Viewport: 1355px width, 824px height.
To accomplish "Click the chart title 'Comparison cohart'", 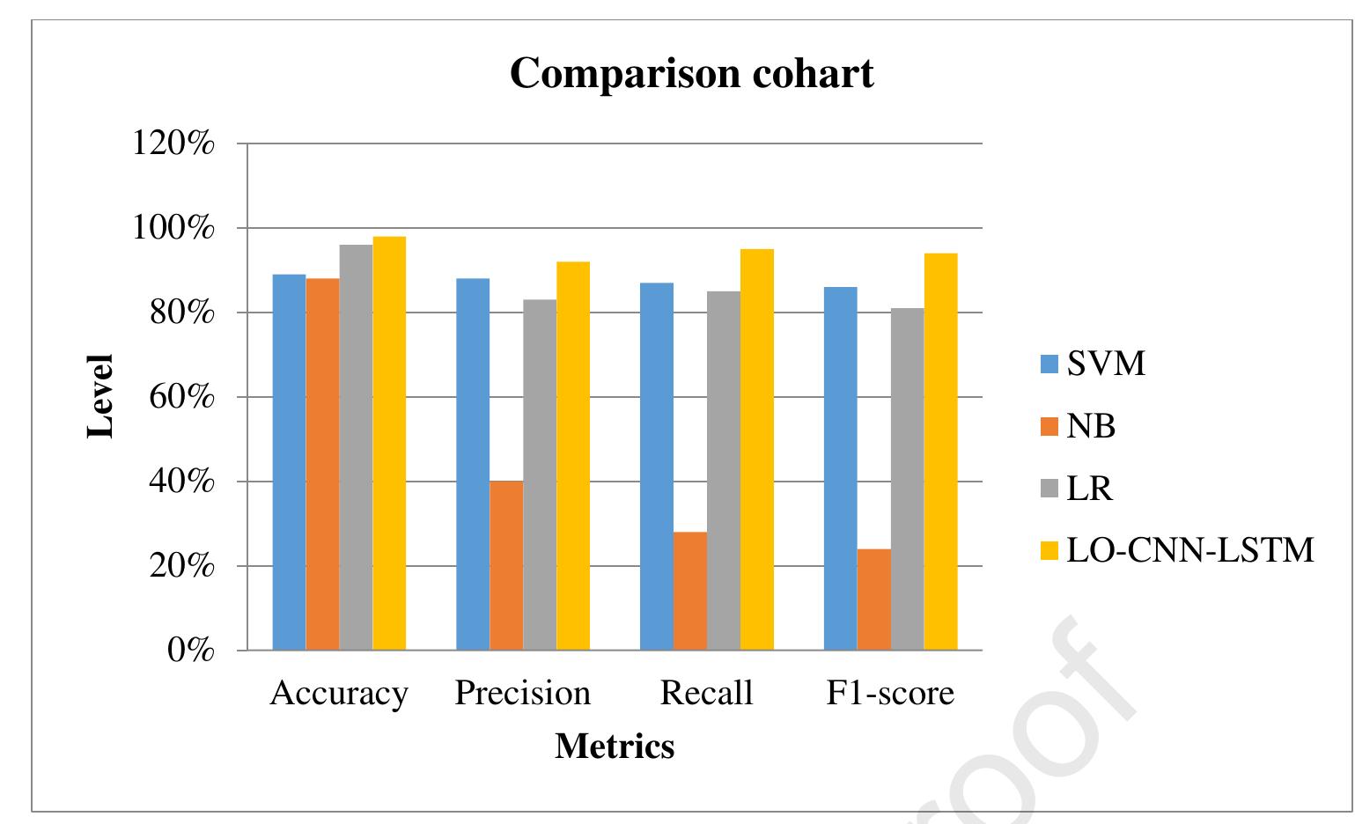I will pyautogui.click(x=691, y=73).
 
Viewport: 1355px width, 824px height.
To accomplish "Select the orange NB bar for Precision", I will pyautogui.click(x=506, y=565).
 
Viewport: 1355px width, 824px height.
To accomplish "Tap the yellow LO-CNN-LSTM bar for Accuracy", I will pyautogui.click(x=389, y=443).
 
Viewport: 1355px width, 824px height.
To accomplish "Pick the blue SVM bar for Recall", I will pyautogui.click(x=657, y=467).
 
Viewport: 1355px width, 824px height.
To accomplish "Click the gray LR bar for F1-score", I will pyautogui.click(x=907, y=479).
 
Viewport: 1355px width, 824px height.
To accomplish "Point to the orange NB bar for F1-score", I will pyautogui.click(x=873, y=600).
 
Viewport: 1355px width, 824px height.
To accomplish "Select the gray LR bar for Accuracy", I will pyautogui.click(x=356, y=447).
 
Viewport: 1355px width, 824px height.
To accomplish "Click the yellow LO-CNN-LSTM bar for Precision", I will pyautogui.click(x=573, y=456).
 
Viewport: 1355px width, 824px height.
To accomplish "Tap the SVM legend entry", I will pyautogui.click(x=1093, y=364).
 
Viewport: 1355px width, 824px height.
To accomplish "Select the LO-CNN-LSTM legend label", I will pyautogui.click(x=1190, y=550).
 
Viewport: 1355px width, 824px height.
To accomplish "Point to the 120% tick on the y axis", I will pyautogui.click(x=173, y=143).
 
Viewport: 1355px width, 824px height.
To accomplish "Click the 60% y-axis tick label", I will pyautogui.click(x=181, y=397).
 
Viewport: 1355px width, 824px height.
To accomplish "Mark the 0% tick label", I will pyautogui.click(x=190, y=651).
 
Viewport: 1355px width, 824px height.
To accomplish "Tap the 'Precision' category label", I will pyautogui.click(x=522, y=694).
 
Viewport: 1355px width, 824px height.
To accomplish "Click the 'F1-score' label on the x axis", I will pyautogui.click(x=890, y=694).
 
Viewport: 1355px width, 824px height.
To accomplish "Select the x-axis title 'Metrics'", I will pyautogui.click(x=615, y=746).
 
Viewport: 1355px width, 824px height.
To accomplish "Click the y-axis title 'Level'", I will pyautogui.click(x=100, y=396).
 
